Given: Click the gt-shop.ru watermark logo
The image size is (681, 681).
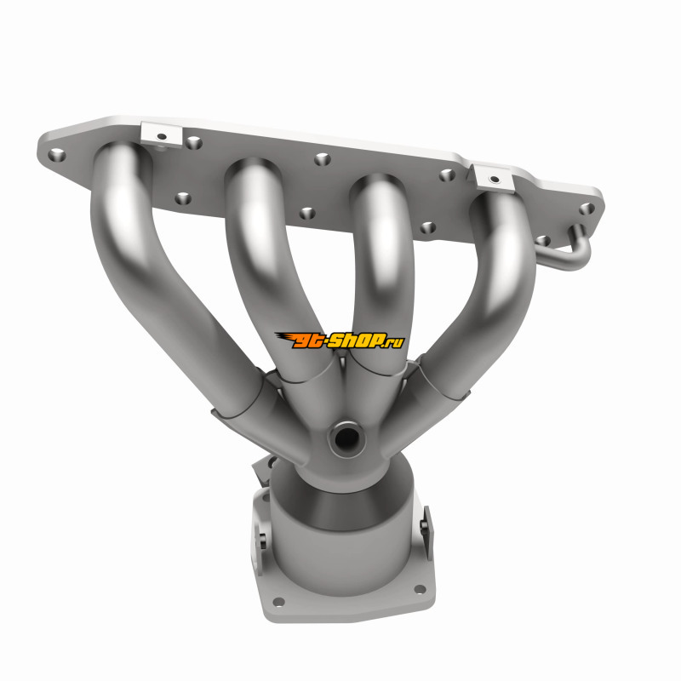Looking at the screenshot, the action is click(x=340, y=340).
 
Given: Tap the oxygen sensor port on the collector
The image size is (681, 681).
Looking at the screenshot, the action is click(x=346, y=439).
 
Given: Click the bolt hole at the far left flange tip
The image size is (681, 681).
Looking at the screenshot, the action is click(x=56, y=155).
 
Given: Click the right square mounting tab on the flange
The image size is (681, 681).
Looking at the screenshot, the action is click(x=494, y=178).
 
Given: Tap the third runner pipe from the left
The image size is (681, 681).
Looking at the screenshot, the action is click(x=382, y=269).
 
